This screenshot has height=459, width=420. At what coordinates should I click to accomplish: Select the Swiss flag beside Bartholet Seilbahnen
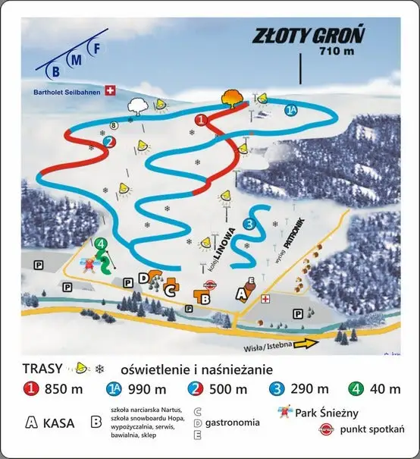point(111,90)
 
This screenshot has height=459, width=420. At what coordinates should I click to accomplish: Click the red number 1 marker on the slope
point(201,120)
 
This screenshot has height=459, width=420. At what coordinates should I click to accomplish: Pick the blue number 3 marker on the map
point(249,224)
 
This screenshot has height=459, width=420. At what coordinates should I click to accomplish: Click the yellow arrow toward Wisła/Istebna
point(306,344)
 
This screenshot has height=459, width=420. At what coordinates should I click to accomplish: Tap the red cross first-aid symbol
point(265,299)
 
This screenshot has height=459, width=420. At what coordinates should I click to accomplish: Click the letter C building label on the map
point(171,288)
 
